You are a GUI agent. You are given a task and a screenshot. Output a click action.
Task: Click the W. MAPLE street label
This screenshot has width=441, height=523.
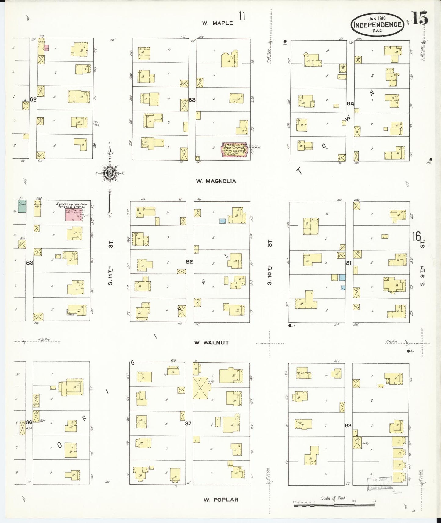coord(218,23)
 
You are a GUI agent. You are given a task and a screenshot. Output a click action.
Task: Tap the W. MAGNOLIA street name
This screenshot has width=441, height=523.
coord(216,181)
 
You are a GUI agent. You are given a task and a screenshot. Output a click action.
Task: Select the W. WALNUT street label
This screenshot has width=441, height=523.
coord(211,343)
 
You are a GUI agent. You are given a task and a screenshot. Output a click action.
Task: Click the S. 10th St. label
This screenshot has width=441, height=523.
coord(270,262)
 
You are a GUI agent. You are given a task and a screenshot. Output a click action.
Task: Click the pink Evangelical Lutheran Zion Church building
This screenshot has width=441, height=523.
coord(234,150)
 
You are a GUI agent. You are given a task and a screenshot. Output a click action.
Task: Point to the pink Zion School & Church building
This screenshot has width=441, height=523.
coord(74,215)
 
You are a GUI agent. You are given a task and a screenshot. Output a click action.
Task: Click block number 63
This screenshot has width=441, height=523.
coord(192,100)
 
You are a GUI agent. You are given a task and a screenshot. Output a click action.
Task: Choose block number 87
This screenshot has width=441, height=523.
coord(188,423)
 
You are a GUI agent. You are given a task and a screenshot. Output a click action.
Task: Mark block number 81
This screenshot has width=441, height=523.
coord(349,262)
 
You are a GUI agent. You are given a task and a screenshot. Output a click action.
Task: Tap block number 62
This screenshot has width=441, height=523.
coord(33,99)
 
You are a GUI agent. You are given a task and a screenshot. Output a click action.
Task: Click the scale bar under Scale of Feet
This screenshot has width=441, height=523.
coord(334,506)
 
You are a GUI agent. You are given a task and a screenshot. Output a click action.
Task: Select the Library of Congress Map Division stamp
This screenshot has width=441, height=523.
coord(380,484)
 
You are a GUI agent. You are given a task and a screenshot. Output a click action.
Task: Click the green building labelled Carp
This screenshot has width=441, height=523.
coord(22,206)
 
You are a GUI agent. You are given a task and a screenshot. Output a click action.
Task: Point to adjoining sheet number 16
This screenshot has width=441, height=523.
coord(416,236)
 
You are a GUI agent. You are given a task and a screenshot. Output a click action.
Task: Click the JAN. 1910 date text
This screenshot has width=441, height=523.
coord(377,18)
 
